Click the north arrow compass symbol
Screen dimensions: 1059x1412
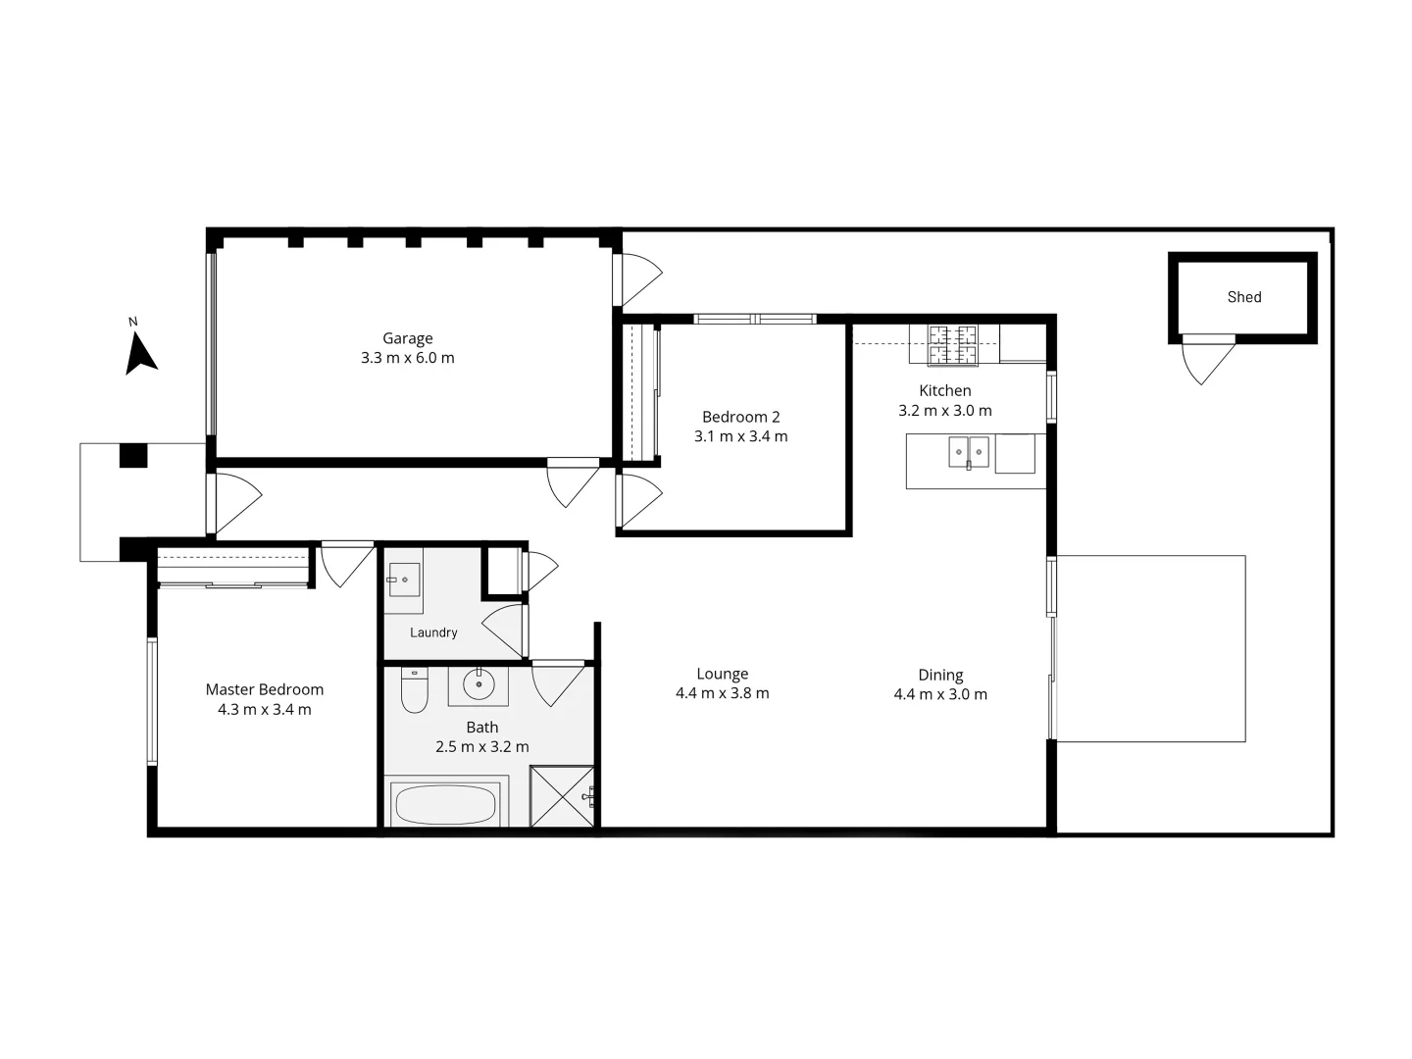pos(140,352)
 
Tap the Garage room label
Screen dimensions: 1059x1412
pos(407,338)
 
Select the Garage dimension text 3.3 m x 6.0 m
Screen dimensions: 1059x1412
pos(407,358)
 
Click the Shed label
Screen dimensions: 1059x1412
pos(1243,297)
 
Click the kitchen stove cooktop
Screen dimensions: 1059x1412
pos(953,345)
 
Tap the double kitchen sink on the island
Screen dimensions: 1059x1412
pos(968,453)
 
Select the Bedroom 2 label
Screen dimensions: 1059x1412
pos(740,417)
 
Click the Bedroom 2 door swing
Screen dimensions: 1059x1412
pos(638,500)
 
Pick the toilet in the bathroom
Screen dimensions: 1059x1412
pos(415,691)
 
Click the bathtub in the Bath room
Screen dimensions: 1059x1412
pos(444,803)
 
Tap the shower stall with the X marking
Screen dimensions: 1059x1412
pos(562,796)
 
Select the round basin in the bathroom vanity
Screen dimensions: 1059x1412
pos(479,684)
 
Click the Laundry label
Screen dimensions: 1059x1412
pos(433,632)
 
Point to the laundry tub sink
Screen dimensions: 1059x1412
pos(403,580)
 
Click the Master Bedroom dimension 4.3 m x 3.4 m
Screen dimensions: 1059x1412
pos(264,709)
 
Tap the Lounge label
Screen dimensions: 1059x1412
pos(722,674)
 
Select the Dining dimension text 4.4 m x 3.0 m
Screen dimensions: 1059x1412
pos(939,694)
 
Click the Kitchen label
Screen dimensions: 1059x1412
pos(944,390)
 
